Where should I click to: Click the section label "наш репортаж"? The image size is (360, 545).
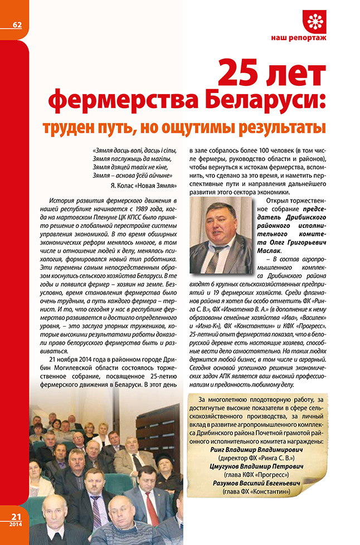314,40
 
